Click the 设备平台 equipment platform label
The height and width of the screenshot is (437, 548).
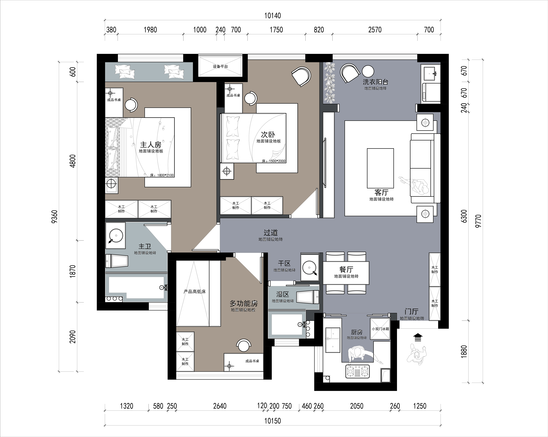(x=220, y=67)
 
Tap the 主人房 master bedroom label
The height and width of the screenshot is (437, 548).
(x=151, y=145)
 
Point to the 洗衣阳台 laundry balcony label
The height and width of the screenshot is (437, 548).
(x=375, y=82)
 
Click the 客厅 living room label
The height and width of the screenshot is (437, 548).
(x=381, y=192)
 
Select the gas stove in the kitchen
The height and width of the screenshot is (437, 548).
(x=357, y=371)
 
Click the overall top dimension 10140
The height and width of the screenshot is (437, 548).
(x=273, y=16)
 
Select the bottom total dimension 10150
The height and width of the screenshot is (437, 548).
(x=273, y=421)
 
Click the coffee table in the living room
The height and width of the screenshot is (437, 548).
(x=380, y=168)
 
